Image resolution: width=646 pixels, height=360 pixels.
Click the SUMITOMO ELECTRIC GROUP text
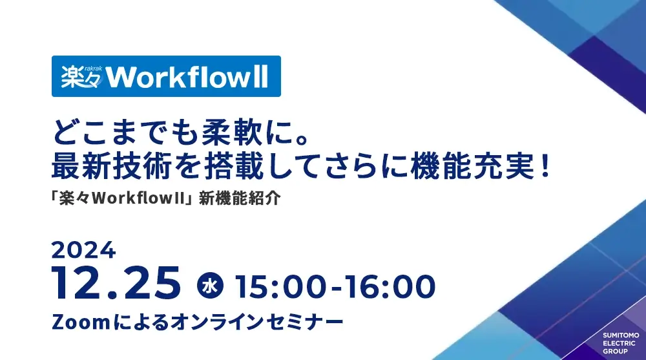tap(620, 343)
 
